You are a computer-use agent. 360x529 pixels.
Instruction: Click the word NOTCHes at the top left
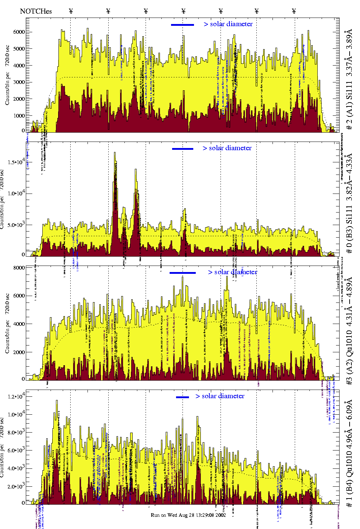point(36,11)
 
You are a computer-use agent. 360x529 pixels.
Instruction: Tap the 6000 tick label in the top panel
point(19,32)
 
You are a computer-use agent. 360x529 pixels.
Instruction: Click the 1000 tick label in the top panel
point(19,116)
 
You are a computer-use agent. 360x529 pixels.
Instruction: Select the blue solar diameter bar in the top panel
point(183,25)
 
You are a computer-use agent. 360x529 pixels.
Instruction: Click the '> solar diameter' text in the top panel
point(228,24)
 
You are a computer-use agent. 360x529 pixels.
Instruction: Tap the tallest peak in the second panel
point(115,153)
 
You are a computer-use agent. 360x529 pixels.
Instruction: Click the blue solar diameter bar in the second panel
point(183,149)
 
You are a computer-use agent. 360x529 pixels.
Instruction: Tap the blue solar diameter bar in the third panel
point(183,273)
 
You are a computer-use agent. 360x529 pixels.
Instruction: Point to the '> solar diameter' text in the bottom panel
point(220,396)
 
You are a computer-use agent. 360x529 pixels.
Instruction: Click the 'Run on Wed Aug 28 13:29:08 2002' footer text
point(188,515)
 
